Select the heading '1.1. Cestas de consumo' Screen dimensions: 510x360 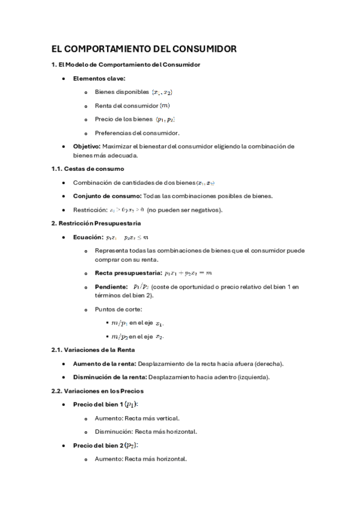tap(87, 168)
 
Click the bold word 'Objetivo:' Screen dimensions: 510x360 tap(87, 146)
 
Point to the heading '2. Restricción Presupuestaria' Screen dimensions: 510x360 tap(96, 224)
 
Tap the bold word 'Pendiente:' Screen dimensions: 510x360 tap(111, 287)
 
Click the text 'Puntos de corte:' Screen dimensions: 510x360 tap(118, 309)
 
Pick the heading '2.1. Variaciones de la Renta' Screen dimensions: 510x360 tap(93, 349)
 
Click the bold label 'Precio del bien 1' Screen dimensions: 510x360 tap(99, 405)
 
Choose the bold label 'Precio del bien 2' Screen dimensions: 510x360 tap(99, 446)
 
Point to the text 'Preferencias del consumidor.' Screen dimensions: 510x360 tap(137, 133)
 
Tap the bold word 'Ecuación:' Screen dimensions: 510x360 tap(88, 238)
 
